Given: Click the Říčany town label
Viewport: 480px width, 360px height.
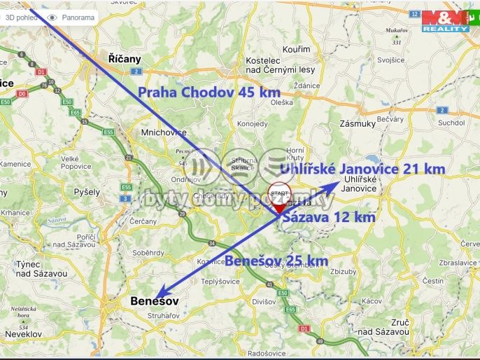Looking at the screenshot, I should (125, 59).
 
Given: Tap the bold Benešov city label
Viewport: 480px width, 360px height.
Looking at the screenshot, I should (155, 301).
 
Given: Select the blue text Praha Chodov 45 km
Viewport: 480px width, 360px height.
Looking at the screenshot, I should (209, 92).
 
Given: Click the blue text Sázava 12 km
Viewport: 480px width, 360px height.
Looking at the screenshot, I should (328, 217).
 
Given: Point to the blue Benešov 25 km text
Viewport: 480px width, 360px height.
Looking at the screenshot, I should (276, 261).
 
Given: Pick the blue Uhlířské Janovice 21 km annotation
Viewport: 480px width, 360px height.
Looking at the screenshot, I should (362, 169).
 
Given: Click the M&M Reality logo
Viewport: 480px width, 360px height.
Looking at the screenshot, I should (445, 20).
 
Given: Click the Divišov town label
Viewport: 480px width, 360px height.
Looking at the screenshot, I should (264, 302).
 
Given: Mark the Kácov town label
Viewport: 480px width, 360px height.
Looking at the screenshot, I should (372, 300).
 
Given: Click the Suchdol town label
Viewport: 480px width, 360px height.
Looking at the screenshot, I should (451, 123).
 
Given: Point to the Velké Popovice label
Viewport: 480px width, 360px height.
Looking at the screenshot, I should (76, 162).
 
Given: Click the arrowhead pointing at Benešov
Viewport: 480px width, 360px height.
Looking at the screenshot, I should (160, 296).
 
